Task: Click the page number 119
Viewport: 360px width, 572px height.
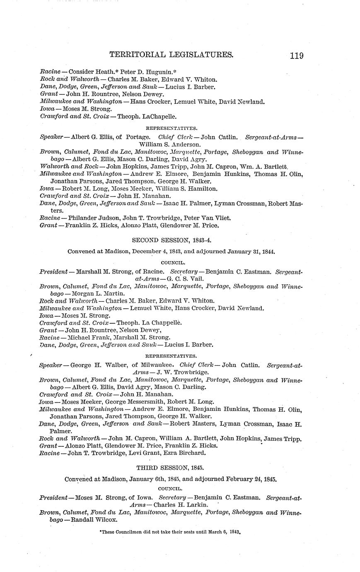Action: tap(296, 55)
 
